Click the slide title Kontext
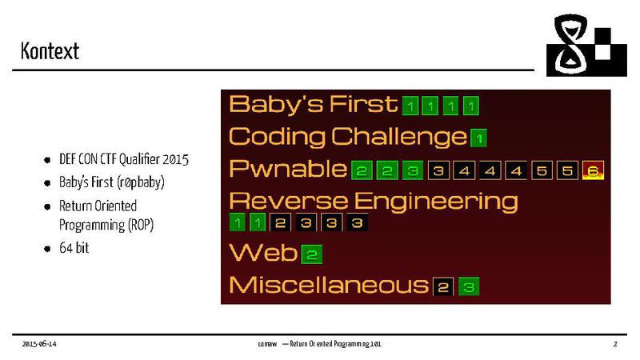click(50, 52)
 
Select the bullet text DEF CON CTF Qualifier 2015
click(124, 159)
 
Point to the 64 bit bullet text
click(74, 248)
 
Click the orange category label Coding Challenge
click(347, 137)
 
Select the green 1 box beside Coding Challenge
click(478, 138)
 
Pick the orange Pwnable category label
click(288, 170)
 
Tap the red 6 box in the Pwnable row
click(593, 170)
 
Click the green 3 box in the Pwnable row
click(412, 170)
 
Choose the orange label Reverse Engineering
click(373, 200)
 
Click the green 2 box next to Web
click(312, 255)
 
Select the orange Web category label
click(263, 254)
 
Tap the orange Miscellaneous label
click(328, 285)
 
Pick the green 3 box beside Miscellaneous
click(469, 286)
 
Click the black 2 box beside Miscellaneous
click(443, 286)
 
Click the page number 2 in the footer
click(615, 344)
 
